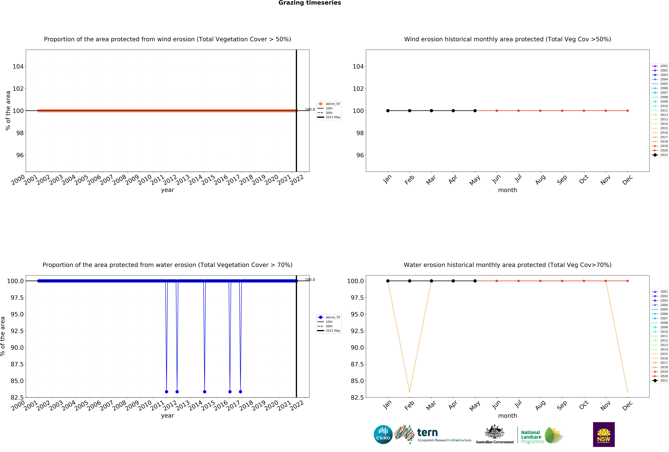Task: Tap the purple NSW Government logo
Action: [x=604, y=434]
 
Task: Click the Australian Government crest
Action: [x=494, y=432]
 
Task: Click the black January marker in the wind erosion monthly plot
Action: [x=388, y=111]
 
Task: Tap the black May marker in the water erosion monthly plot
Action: [x=475, y=281]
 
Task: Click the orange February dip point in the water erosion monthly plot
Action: [x=410, y=392]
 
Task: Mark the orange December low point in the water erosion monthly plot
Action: [x=628, y=392]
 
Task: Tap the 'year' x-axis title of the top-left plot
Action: [x=168, y=190]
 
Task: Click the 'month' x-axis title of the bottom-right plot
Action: [x=508, y=416]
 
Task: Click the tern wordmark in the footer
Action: [x=427, y=432]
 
